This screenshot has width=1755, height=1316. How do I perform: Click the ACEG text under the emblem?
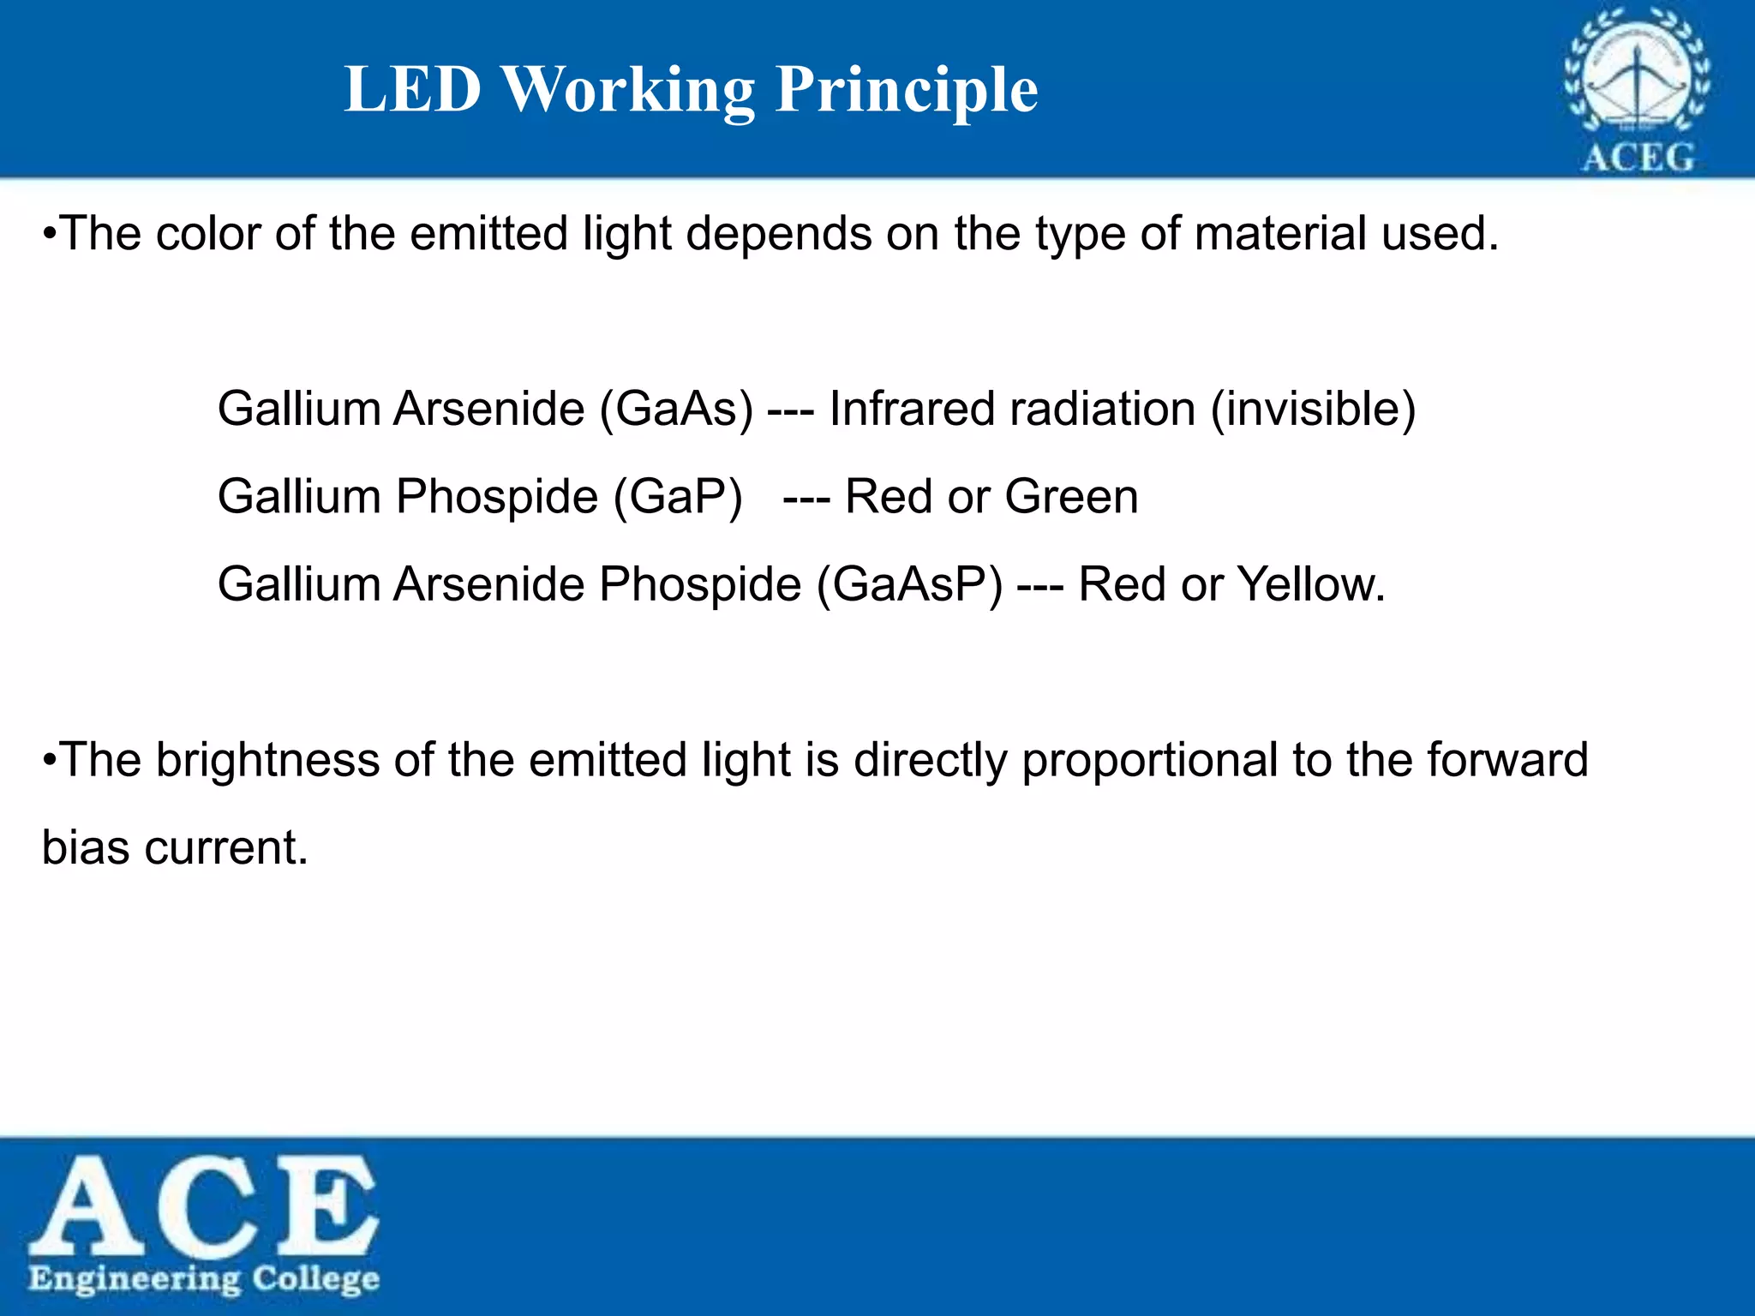click(x=1638, y=158)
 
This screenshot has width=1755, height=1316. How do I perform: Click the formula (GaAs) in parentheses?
click(x=676, y=409)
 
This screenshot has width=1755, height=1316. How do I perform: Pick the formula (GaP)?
click(x=678, y=497)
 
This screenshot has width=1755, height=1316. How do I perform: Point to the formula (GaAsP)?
click(x=908, y=585)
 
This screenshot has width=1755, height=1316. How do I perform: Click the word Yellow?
click(x=1310, y=585)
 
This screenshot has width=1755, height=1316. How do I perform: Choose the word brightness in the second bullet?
click(x=267, y=760)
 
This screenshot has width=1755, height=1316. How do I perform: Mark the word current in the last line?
click(x=225, y=848)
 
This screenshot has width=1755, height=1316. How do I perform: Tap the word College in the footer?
click(x=315, y=1278)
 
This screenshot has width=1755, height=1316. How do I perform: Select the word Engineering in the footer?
click(x=135, y=1279)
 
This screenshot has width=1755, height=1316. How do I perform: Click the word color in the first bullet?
click(x=207, y=234)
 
